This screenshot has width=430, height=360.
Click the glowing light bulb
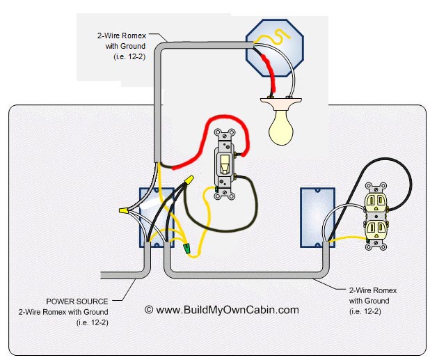click(x=281, y=127)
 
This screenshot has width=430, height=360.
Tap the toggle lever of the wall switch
click(x=225, y=164)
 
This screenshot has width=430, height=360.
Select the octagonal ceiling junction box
click(x=275, y=48)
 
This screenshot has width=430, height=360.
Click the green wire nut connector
click(x=186, y=248)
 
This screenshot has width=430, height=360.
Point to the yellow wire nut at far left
click(x=124, y=211)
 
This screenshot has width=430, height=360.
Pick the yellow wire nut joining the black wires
click(x=189, y=180)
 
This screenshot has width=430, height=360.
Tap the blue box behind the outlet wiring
click(x=317, y=217)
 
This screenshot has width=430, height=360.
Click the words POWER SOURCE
click(x=77, y=302)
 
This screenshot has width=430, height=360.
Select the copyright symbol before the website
click(x=149, y=310)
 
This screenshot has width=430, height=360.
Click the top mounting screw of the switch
click(x=225, y=135)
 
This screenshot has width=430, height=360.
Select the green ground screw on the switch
click(x=216, y=189)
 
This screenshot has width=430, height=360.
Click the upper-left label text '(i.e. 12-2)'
click(x=129, y=57)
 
